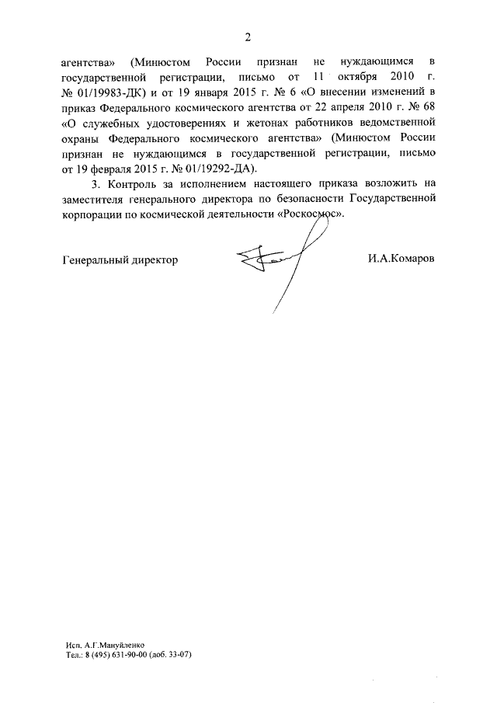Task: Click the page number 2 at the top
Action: pyautogui.click(x=248, y=37)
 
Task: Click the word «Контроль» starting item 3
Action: pyautogui.click(x=137, y=184)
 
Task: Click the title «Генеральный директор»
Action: pyautogui.click(x=120, y=259)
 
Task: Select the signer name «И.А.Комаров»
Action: pyautogui.click(x=402, y=259)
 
